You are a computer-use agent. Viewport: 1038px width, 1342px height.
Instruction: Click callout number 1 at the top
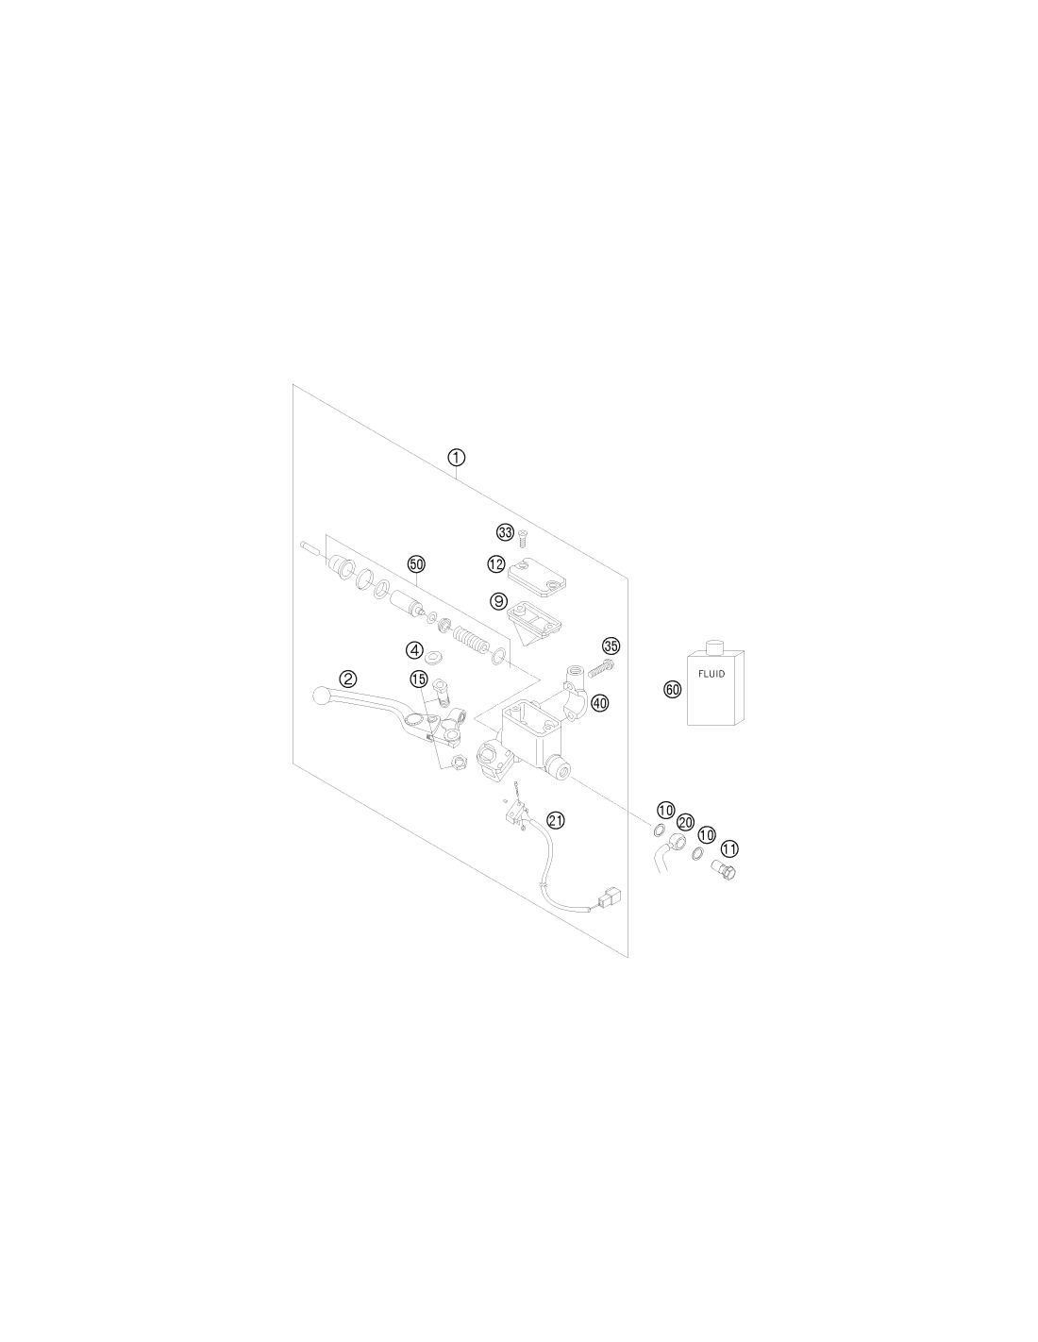click(456, 458)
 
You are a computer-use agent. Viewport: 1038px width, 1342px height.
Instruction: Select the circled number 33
click(505, 531)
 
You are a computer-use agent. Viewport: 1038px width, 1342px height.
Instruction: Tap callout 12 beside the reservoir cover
click(495, 563)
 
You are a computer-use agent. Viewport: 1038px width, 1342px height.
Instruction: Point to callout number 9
click(498, 601)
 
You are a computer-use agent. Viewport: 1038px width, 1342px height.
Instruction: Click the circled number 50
click(416, 563)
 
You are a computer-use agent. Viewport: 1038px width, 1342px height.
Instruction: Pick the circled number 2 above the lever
click(348, 679)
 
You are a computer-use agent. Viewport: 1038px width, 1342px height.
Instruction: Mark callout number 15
click(419, 679)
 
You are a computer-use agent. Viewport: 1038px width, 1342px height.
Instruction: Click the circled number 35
click(611, 646)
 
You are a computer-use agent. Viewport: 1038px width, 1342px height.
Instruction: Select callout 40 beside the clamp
click(599, 703)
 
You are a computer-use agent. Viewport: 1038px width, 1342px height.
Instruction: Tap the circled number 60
click(673, 689)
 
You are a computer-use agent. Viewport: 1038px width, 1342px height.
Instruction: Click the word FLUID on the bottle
click(712, 674)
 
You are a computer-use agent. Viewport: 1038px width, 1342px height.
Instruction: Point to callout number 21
click(556, 820)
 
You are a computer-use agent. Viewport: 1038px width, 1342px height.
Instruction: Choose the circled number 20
click(685, 822)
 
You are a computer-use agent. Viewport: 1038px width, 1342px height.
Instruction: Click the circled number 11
click(729, 848)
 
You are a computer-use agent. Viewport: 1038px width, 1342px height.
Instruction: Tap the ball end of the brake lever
click(322, 696)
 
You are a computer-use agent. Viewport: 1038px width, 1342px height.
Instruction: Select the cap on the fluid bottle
click(714, 647)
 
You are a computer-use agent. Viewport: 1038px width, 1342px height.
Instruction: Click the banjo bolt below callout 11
click(725, 870)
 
